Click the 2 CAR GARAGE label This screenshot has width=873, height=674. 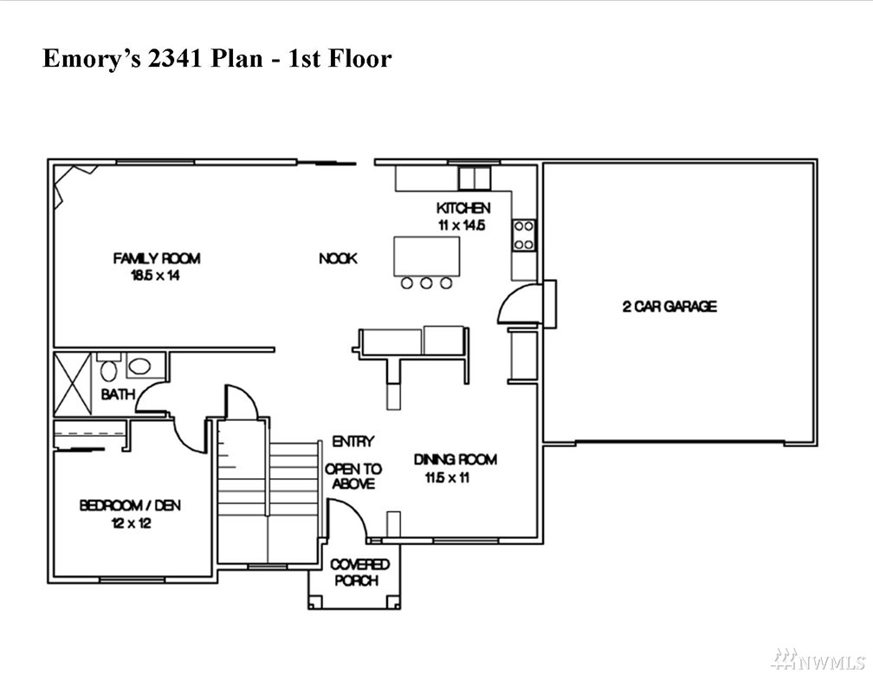tap(669, 307)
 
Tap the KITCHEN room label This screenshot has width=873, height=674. tap(463, 208)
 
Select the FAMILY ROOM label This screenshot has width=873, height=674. tap(157, 258)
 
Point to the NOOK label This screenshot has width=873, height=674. tap(338, 258)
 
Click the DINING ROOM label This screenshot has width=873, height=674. tap(455, 459)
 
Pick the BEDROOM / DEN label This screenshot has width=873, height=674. tap(130, 505)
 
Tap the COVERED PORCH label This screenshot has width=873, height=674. tap(359, 573)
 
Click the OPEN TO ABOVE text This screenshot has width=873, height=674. tap(353, 476)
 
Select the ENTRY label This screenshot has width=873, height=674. tap(353, 442)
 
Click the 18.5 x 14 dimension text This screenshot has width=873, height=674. tap(155, 275)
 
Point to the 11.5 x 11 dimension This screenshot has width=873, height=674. tap(448, 477)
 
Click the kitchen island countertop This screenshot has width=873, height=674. tap(427, 256)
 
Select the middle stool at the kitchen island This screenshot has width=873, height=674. tap(426, 283)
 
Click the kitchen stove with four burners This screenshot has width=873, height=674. tap(524, 235)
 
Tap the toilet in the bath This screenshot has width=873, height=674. tap(108, 369)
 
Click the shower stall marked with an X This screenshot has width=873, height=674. tap(73, 384)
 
